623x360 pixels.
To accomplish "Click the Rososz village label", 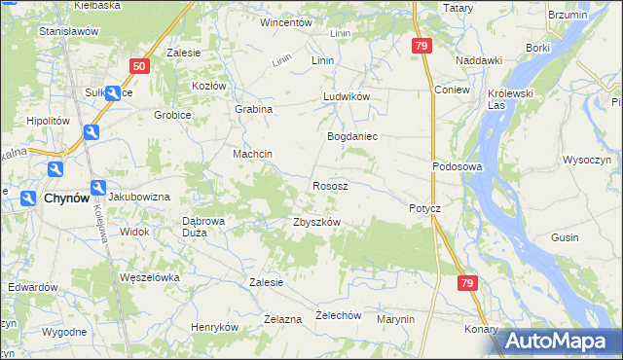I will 330,185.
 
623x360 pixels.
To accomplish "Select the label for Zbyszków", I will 316,222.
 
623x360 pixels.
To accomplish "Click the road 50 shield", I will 139,66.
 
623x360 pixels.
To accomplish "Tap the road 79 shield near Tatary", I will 421,46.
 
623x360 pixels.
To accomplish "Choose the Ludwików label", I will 347,98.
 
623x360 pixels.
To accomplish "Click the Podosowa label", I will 458,166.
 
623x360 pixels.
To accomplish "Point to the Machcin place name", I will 252,155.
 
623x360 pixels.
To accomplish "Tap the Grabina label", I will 253,110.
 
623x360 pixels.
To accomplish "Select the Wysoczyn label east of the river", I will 586,159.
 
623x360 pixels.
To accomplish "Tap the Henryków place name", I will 215,328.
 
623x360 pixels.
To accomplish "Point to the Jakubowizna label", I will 139,197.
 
